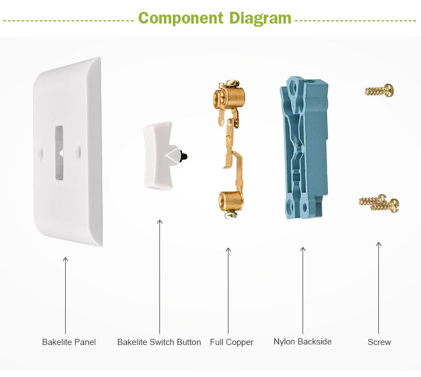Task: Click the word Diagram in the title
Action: coord(260,18)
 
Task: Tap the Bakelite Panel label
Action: coord(69,342)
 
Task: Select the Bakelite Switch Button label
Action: coord(159,342)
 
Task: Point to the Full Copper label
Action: coord(231,342)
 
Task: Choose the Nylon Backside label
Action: coord(303,341)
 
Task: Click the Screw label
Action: coord(379,342)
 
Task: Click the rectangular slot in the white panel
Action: coord(59,153)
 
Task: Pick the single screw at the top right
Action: coord(379,90)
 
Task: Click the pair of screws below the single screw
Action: coord(379,203)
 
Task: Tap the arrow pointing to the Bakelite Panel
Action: coord(65,295)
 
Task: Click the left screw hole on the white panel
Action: coord(41,151)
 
